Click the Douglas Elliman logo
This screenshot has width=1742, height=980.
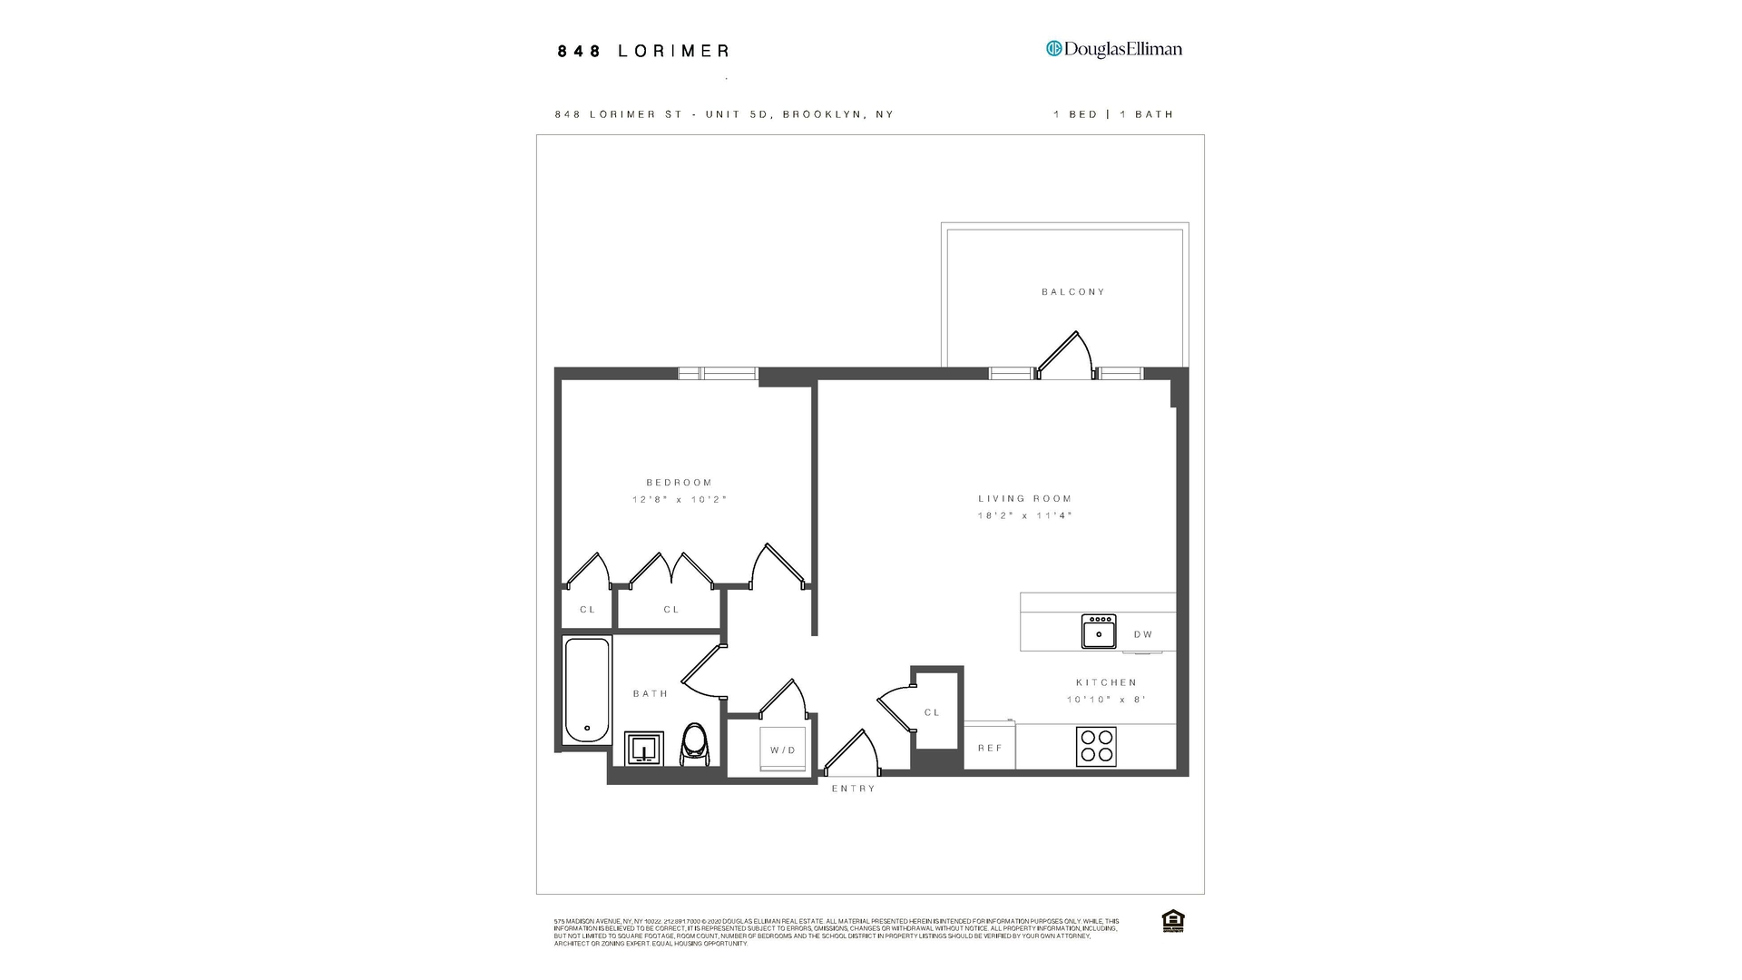click(1113, 49)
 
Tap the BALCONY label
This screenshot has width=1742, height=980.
click(1073, 292)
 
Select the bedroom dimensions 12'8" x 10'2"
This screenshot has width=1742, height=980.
click(680, 500)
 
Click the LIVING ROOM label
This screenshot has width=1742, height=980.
click(1024, 498)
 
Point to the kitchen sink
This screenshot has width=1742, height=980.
click(1098, 632)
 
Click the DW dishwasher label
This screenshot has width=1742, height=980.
click(1143, 634)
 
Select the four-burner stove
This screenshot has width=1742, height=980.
click(1096, 746)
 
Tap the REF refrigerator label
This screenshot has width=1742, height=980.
click(990, 748)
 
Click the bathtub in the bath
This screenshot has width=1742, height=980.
click(587, 691)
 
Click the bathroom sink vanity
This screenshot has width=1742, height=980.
click(643, 749)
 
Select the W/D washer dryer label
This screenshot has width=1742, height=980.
click(783, 750)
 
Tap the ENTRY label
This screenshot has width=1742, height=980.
click(854, 789)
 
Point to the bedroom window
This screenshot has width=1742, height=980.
click(718, 373)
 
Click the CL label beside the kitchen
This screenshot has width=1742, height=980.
click(932, 712)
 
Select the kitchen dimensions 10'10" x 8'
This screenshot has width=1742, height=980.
click(1106, 700)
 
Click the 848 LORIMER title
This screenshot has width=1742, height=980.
click(643, 52)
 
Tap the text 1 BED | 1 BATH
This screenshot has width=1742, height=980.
click(1113, 114)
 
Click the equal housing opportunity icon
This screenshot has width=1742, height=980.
click(1172, 921)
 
